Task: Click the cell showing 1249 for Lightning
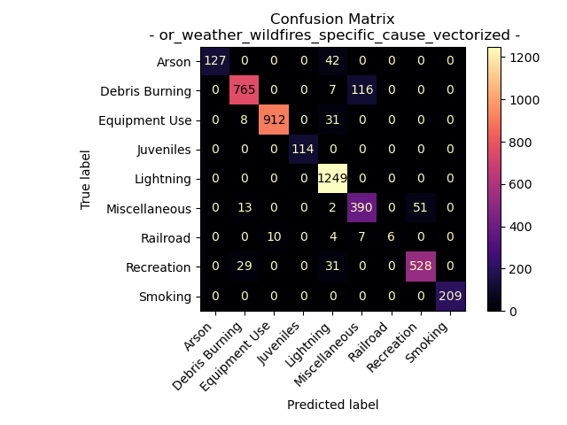click(332, 179)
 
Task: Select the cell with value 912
click(274, 120)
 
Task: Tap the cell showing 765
click(245, 91)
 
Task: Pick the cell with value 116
click(361, 91)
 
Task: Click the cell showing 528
click(420, 267)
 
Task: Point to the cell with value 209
click(449, 296)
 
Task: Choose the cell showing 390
click(361, 208)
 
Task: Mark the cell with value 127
click(215, 62)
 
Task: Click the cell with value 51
click(420, 208)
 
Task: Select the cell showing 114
click(303, 150)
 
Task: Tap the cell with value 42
click(332, 62)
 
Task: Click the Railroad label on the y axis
click(167, 237)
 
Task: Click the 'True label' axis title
click(86, 179)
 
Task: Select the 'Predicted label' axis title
click(332, 405)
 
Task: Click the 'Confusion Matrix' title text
click(332, 19)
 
